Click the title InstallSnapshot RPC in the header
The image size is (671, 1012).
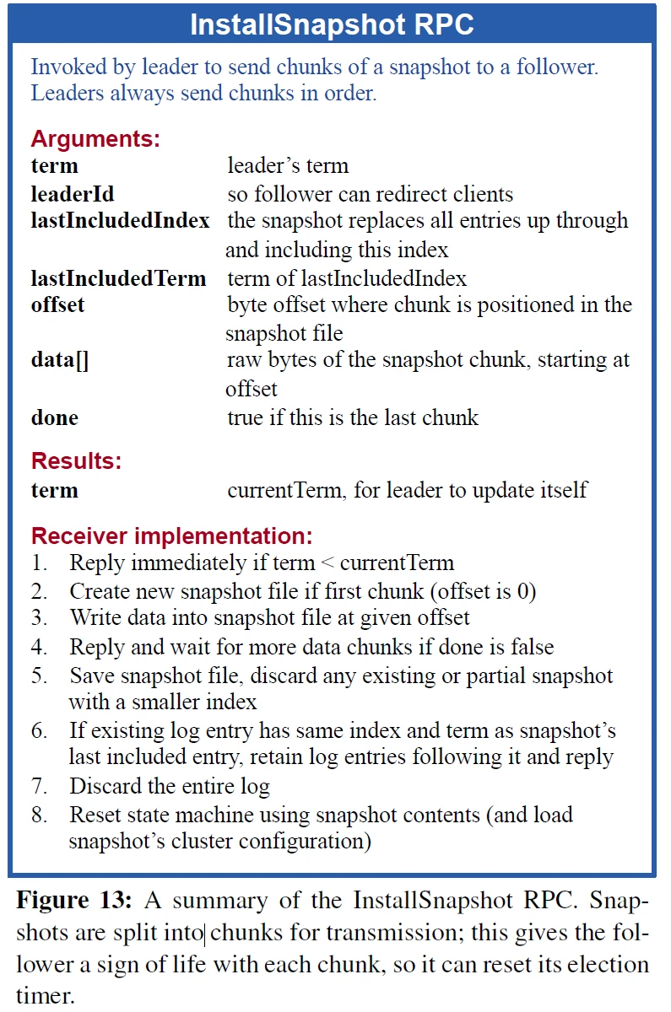tap(332, 24)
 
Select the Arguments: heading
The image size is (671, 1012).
tap(95, 138)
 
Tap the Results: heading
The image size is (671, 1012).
tap(77, 461)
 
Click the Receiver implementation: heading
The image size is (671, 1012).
tap(172, 536)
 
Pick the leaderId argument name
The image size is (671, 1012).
tap(73, 194)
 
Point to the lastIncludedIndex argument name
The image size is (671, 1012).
tap(120, 221)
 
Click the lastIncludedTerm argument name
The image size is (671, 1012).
tap(118, 278)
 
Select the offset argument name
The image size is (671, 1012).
tap(57, 304)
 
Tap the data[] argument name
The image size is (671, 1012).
tap(60, 361)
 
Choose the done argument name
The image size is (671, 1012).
tap(55, 417)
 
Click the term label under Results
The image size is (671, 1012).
tap(55, 490)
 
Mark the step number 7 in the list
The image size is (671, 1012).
tap(39, 787)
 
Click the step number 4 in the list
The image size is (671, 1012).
tap(39, 647)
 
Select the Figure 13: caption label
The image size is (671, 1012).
tap(74, 900)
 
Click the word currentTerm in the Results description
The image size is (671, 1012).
tap(284, 490)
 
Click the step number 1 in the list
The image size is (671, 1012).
tap(39, 563)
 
